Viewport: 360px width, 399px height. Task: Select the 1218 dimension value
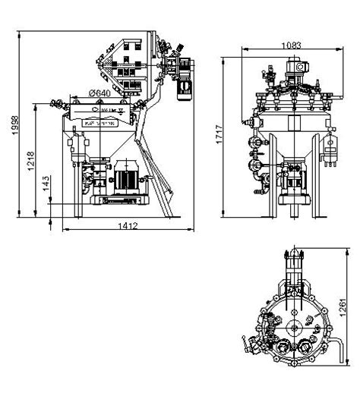(x=31, y=162)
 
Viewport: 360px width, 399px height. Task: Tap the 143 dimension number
(x=46, y=184)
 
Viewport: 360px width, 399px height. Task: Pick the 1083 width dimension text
(x=290, y=46)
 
